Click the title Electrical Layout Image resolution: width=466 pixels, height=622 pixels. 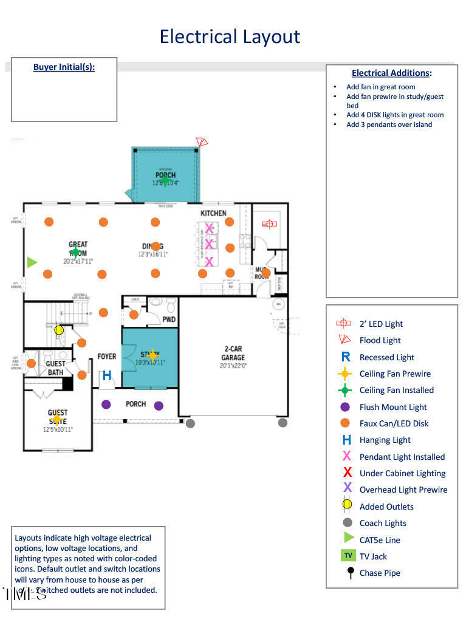[x=230, y=36]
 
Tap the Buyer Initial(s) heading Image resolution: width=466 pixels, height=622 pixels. [x=64, y=67]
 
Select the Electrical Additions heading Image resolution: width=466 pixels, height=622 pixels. [x=391, y=73]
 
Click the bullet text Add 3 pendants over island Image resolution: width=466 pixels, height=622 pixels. [x=389, y=125]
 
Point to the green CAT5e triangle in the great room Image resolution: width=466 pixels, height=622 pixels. [x=32, y=262]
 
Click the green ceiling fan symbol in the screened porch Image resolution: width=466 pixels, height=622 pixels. [x=165, y=179]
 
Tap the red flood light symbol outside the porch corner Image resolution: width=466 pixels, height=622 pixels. [x=202, y=142]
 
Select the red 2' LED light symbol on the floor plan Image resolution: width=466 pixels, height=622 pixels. [x=269, y=224]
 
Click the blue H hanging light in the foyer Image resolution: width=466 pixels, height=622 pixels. [x=107, y=376]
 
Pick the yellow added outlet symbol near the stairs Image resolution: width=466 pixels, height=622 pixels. [x=59, y=330]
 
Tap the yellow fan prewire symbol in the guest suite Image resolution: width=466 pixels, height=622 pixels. [x=57, y=419]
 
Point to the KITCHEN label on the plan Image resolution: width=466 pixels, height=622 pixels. [x=213, y=213]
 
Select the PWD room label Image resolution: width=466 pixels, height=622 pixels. [x=169, y=319]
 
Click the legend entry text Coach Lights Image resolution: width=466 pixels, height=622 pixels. [x=383, y=523]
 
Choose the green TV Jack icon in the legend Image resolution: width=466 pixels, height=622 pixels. [x=348, y=556]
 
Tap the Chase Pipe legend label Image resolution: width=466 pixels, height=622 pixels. [x=380, y=573]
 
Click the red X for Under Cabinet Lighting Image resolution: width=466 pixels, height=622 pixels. [x=348, y=473]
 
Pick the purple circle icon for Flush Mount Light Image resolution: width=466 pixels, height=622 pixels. [x=346, y=407]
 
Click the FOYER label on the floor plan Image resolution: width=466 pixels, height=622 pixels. [x=107, y=357]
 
